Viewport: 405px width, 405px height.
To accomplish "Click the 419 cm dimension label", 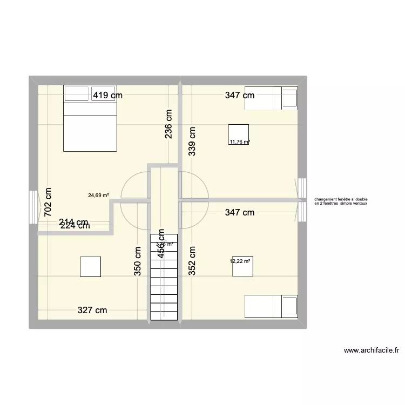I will click(108, 96).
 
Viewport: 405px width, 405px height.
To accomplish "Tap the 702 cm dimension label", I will click(49, 202).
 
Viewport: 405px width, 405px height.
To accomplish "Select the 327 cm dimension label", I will click(92, 310).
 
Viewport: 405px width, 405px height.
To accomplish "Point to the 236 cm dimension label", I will click(168, 124).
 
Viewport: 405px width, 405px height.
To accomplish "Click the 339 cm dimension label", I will click(192, 141).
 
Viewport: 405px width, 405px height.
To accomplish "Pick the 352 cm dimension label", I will click(192, 261).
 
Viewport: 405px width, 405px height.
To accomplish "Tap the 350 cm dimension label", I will click(138, 261).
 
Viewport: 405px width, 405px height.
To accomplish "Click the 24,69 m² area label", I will click(99, 195).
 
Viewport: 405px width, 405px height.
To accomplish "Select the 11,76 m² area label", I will click(240, 143).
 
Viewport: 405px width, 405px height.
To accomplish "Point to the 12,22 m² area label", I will click(240, 261).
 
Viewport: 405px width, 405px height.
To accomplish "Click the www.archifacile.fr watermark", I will click(371, 350).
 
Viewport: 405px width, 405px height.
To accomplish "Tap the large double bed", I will click(90, 118).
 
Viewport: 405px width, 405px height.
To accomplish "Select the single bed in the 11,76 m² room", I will click(271, 98).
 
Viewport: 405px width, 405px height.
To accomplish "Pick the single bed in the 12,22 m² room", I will click(271, 306).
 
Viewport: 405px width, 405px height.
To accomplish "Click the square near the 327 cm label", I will click(91, 267).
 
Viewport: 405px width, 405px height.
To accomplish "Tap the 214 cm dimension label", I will click(74, 221).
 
